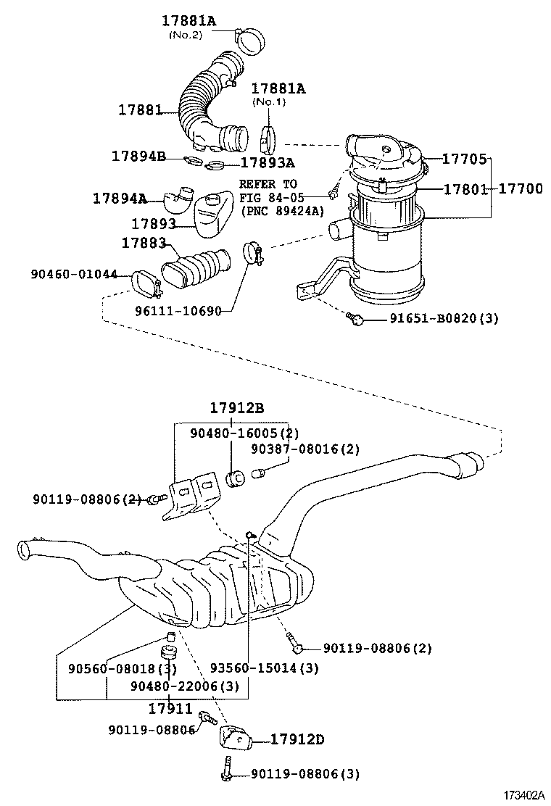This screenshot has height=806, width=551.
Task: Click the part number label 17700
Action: pyautogui.click(x=521, y=189)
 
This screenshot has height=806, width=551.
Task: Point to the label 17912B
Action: pyautogui.click(x=237, y=408)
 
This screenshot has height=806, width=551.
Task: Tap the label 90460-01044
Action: pyautogui.click(x=74, y=273)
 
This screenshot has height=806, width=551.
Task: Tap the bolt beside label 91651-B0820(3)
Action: pyautogui.click(x=355, y=317)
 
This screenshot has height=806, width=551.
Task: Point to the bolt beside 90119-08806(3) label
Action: pyautogui.click(x=226, y=773)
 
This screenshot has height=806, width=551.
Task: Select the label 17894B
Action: pyautogui.click(x=139, y=156)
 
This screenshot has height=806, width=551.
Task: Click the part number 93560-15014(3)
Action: pyautogui.click(x=264, y=668)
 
